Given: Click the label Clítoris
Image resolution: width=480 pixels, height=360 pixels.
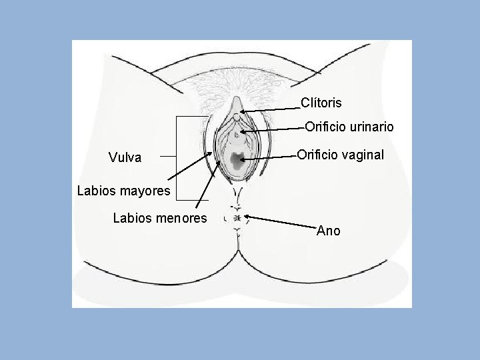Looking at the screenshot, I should pos(321,103).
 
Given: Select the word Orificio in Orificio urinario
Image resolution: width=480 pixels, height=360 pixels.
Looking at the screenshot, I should pos(325,127).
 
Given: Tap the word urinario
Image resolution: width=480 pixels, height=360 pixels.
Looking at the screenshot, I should pos(371,127).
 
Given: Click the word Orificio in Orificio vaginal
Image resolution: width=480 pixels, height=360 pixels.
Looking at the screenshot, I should pos(317,155).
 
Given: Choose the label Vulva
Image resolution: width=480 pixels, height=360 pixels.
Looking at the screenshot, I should pos(125,158).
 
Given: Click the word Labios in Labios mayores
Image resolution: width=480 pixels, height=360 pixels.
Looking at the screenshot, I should pos(95,191).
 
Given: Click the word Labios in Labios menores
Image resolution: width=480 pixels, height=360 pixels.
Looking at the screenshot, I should pos(131,218).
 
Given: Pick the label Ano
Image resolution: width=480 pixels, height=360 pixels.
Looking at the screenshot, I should pos(328,231).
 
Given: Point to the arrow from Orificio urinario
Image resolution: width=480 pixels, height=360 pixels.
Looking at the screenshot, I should pos(273,129).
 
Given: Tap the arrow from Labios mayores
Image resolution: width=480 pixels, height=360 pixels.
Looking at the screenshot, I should pos(190,167).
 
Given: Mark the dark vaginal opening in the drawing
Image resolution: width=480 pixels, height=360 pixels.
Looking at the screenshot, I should pos(236,159).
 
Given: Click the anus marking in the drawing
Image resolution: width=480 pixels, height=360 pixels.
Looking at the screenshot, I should pos(236,217).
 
